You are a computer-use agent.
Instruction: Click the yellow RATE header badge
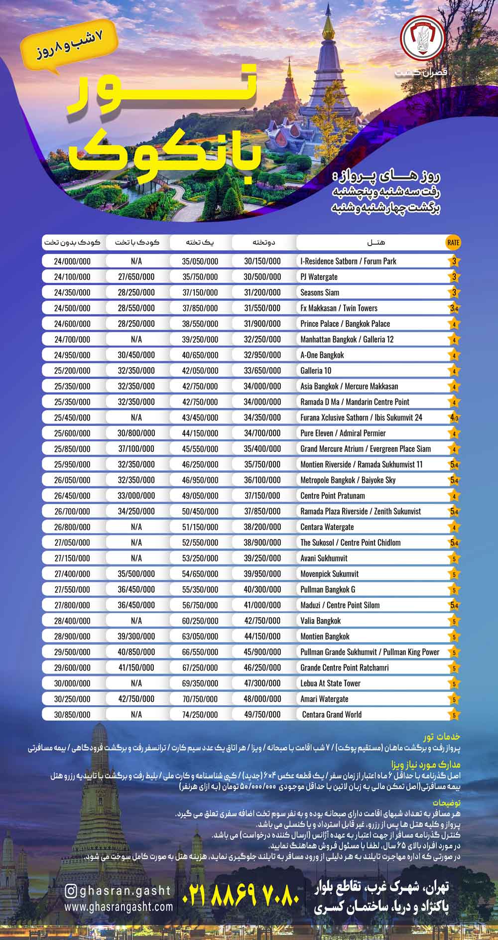click(x=453, y=243)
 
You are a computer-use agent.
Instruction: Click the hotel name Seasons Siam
click(x=320, y=292)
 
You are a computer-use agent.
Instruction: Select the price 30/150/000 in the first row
click(x=262, y=261)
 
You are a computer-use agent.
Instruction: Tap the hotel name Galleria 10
click(x=316, y=371)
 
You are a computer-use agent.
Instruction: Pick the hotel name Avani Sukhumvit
click(x=324, y=558)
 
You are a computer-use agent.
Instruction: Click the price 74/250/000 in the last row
click(x=200, y=714)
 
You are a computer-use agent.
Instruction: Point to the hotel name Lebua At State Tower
click(x=330, y=683)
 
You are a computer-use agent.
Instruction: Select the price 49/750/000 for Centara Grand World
click(x=262, y=714)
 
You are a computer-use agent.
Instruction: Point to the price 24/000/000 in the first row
click(x=72, y=261)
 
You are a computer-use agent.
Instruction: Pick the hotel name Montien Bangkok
click(x=325, y=636)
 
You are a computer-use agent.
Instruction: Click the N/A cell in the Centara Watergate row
click(x=136, y=527)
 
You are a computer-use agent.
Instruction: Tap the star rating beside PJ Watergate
click(x=454, y=277)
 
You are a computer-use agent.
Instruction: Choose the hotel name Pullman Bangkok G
click(x=328, y=589)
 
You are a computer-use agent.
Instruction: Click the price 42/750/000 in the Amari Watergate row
click(x=136, y=699)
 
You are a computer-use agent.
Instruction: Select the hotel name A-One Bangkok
click(x=322, y=355)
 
